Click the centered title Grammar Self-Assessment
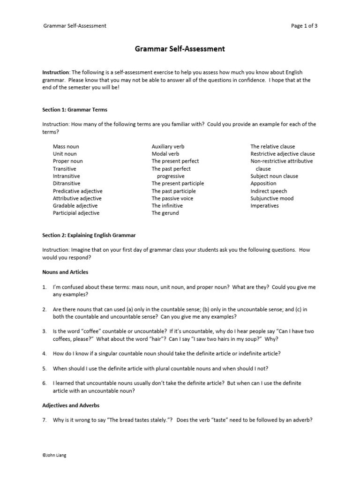pyautogui.click(x=180, y=49)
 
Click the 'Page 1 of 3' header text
pyautogui.click(x=304, y=26)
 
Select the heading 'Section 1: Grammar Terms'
pyautogui.click(x=75, y=110)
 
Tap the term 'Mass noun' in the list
pyautogui.click(x=66, y=146)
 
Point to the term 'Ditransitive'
pyautogui.click(x=67, y=183)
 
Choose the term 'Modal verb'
pyautogui.click(x=165, y=154)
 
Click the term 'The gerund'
pyautogui.click(x=165, y=213)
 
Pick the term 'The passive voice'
pyautogui.click(x=172, y=198)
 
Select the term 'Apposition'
pyautogui.click(x=263, y=183)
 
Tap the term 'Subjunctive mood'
pyautogui.click(x=272, y=198)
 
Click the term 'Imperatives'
pyautogui.click(x=264, y=206)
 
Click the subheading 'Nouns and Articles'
pyautogui.click(x=65, y=272)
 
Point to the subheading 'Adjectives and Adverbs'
pyautogui.click(x=71, y=405)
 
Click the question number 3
pyautogui.click(x=44, y=331)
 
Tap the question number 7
pyautogui.click(x=44, y=420)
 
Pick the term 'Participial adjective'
pyautogui.click(x=76, y=213)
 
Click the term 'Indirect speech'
pyautogui.click(x=269, y=191)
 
